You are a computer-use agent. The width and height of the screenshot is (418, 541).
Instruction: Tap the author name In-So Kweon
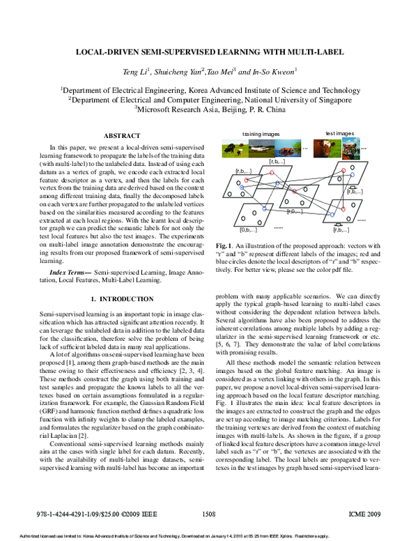275,71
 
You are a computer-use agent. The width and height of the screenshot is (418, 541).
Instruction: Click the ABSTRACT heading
122,135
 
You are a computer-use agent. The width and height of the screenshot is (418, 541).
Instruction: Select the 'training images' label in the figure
261,133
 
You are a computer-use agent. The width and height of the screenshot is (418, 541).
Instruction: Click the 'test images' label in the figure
340,133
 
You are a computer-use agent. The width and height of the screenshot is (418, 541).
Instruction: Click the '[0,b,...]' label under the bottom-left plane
249,229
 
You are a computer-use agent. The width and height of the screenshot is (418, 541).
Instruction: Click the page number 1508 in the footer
208,513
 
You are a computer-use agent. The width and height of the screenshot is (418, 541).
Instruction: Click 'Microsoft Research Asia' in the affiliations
178,109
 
